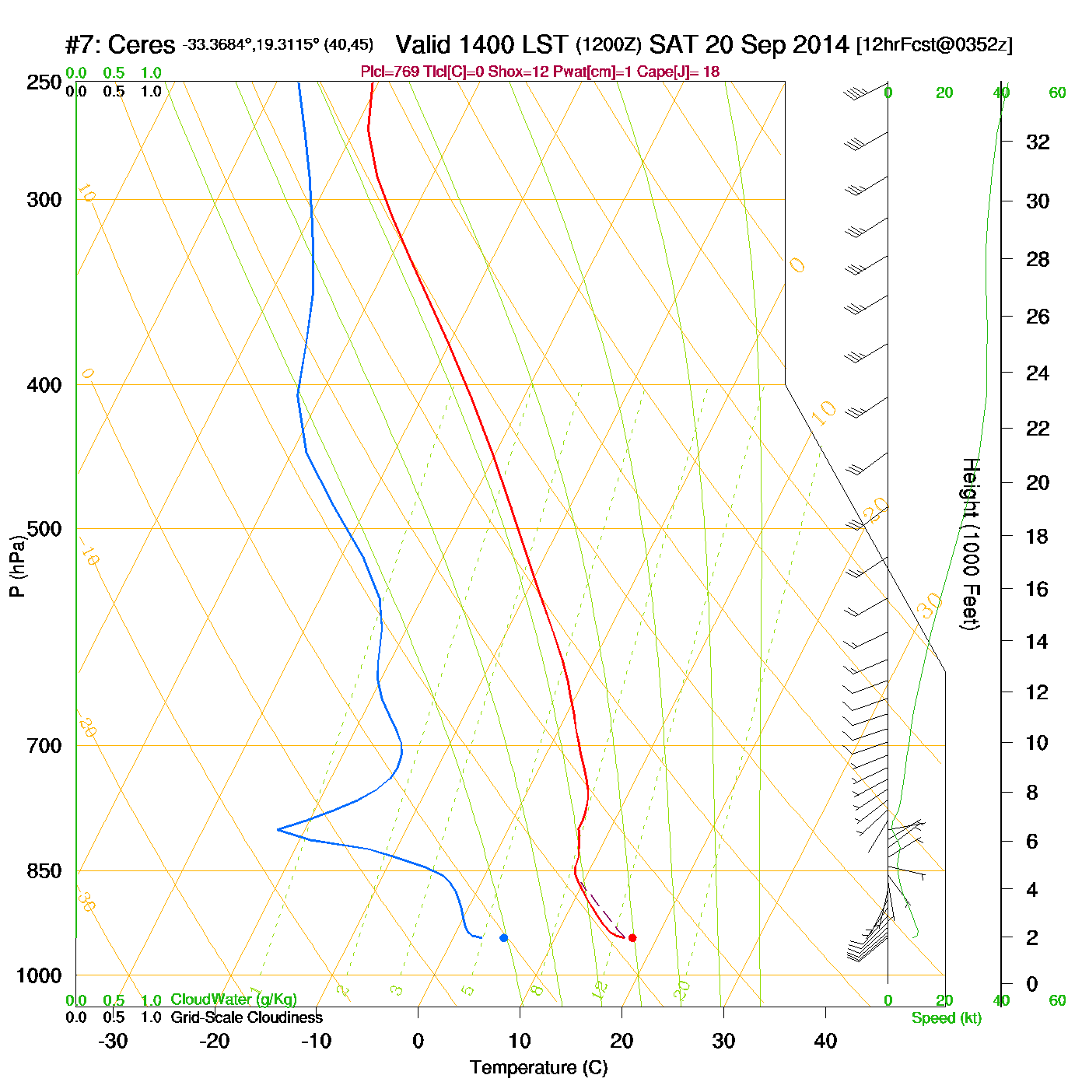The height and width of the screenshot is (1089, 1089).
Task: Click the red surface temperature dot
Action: coord(632,938)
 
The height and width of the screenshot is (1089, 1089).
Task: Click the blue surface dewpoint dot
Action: coord(504,938)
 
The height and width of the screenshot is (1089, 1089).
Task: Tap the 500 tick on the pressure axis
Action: coord(44,529)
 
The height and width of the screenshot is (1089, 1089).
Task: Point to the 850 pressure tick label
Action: coord(44,871)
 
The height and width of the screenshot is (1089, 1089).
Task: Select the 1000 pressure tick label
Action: coord(39,975)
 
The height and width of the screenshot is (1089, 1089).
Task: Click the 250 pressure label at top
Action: coord(44,82)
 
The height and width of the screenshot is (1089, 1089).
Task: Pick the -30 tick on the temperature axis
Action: coord(113,1041)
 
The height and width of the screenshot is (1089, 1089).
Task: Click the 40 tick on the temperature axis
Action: coord(825,1041)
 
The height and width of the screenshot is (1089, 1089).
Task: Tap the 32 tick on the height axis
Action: coord(1038,142)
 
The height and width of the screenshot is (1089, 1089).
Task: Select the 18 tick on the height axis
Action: coord(1038,536)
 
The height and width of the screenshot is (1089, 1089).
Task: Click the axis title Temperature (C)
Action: coord(538,1068)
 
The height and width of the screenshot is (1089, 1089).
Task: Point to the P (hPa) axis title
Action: coord(17,566)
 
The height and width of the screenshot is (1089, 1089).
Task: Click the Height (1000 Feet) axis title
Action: coord(971,544)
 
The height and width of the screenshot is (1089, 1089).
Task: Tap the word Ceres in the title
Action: coord(141,45)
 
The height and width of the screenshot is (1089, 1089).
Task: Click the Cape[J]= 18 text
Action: coord(678,72)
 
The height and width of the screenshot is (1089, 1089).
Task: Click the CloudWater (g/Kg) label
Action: coord(233,1000)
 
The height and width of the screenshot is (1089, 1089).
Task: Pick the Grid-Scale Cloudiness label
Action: coord(247,1017)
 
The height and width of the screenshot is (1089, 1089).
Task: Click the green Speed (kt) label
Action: coord(947,1018)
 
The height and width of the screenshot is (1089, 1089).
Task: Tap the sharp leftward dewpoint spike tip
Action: coord(278,830)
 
